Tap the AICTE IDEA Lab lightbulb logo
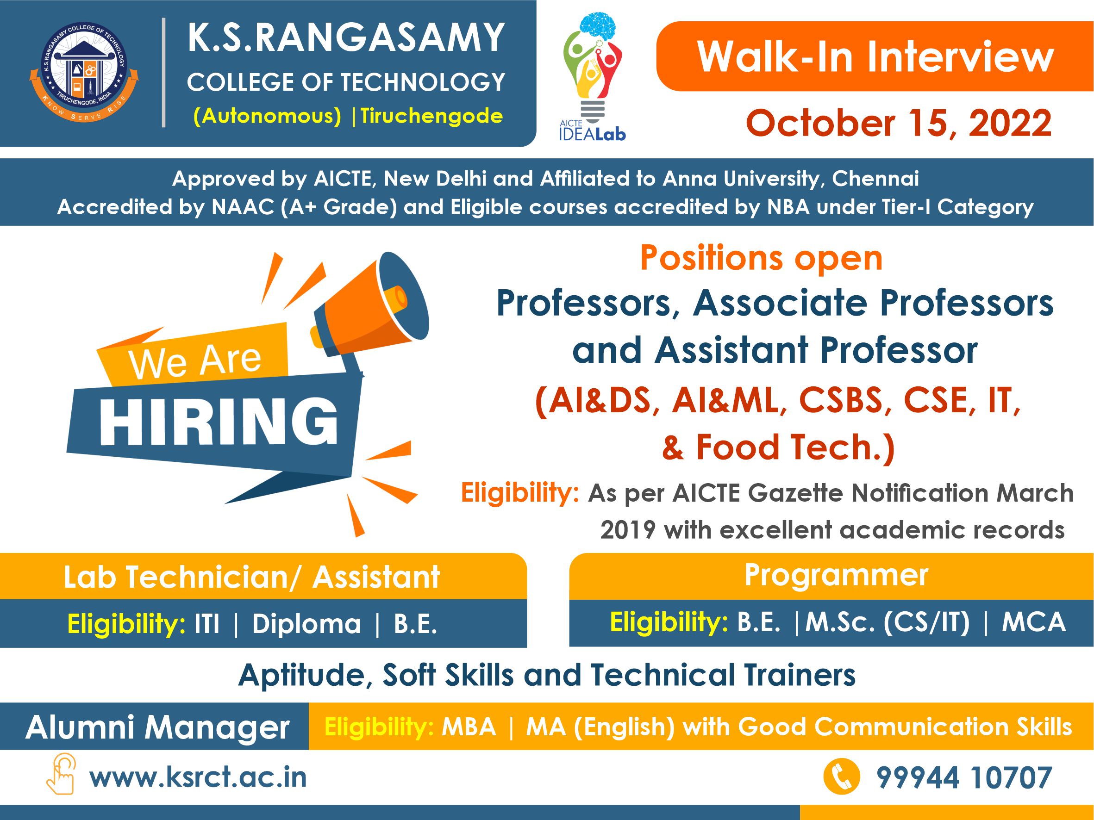pyautogui.click(x=593, y=77)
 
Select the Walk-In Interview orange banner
pyautogui.click(x=875, y=56)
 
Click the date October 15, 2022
pyautogui.click(x=899, y=123)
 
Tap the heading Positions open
pyautogui.click(x=761, y=258)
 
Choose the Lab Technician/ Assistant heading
pyautogui.click(x=252, y=577)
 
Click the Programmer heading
pyautogui.click(x=836, y=575)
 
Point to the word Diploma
pyautogui.click(x=306, y=624)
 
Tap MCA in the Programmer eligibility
pyautogui.click(x=1034, y=622)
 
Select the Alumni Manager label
pyautogui.click(x=157, y=727)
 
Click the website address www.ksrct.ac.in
pyautogui.click(x=198, y=777)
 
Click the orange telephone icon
pyautogui.click(x=842, y=777)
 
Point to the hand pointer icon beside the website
pyautogui.click(x=61, y=774)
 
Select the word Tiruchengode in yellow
pyautogui.click(x=431, y=116)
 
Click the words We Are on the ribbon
pyautogui.click(x=195, y=361)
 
